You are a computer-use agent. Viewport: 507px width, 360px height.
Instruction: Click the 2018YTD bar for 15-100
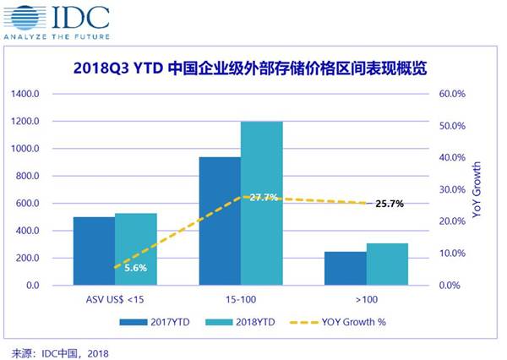pos(262,204)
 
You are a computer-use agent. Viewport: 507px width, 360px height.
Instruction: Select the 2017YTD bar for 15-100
pos(220,221)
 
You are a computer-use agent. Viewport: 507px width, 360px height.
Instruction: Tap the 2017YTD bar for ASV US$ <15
pos(94,251)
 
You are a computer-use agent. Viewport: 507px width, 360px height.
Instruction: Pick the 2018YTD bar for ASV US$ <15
pos(136,249)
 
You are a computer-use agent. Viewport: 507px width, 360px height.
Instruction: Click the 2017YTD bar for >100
pos(346,269)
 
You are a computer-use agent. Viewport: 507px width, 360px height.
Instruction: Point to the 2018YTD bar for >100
pos(387,265)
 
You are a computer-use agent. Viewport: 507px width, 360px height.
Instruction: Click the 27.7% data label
pos(264,197)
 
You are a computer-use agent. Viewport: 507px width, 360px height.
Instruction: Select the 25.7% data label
pos(390,204)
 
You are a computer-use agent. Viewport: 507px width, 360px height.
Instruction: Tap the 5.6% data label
pos(136,268)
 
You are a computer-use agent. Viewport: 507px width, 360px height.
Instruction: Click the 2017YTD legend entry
pos(155,322)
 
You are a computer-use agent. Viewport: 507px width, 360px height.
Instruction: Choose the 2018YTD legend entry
pos(240,322)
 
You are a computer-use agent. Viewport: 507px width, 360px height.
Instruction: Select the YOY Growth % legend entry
pos(338,322)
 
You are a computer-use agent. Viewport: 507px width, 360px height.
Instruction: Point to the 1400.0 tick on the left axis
pos(25,94)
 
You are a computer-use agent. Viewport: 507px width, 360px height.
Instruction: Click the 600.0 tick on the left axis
pos(27,204)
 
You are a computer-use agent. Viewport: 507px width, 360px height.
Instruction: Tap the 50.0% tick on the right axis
pos(452,126)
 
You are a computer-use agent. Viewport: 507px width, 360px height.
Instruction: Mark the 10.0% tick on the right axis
pos(452,254)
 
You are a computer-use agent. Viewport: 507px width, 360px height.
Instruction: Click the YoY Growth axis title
pos(477,190)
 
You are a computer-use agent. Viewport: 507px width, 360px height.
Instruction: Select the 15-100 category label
pos(241,299)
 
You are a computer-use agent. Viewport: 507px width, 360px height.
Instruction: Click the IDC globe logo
pos(25,18)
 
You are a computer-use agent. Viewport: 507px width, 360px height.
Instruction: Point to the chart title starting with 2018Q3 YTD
pos(250,68)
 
